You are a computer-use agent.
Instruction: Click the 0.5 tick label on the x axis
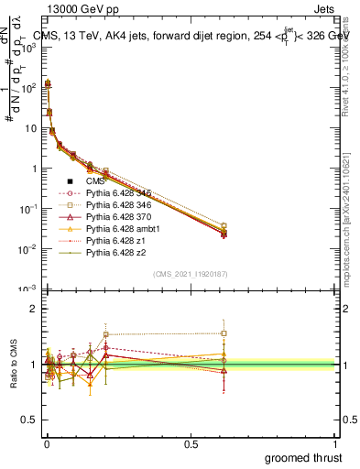coord(191,443)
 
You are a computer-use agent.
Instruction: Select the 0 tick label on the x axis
coord(46,443)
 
